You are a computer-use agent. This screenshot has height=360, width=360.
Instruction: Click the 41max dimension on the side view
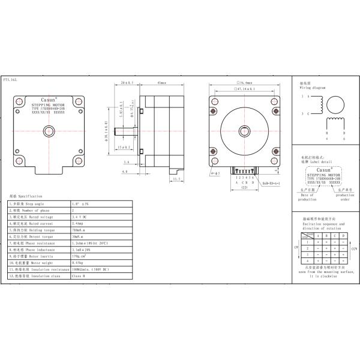(x=161, y=83)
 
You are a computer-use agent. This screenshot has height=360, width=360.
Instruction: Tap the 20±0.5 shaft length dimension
(x=126, y=83)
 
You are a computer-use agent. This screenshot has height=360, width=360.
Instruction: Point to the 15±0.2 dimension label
(x=125, y=147)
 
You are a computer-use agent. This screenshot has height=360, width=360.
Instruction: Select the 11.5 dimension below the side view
(x=176, y=179)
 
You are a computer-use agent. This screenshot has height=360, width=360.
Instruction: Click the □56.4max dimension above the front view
(x=244, y=82)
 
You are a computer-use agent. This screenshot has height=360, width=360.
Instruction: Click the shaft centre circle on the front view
(x=244, y=130)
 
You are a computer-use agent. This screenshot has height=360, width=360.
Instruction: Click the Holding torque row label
(x=36, y=229)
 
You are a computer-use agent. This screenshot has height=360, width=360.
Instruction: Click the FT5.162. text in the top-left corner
(x=10, y=79)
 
